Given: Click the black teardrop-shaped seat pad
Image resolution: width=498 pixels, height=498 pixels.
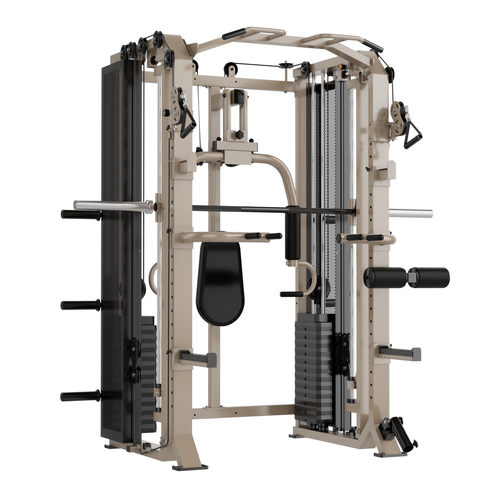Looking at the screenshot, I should point(220,284).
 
